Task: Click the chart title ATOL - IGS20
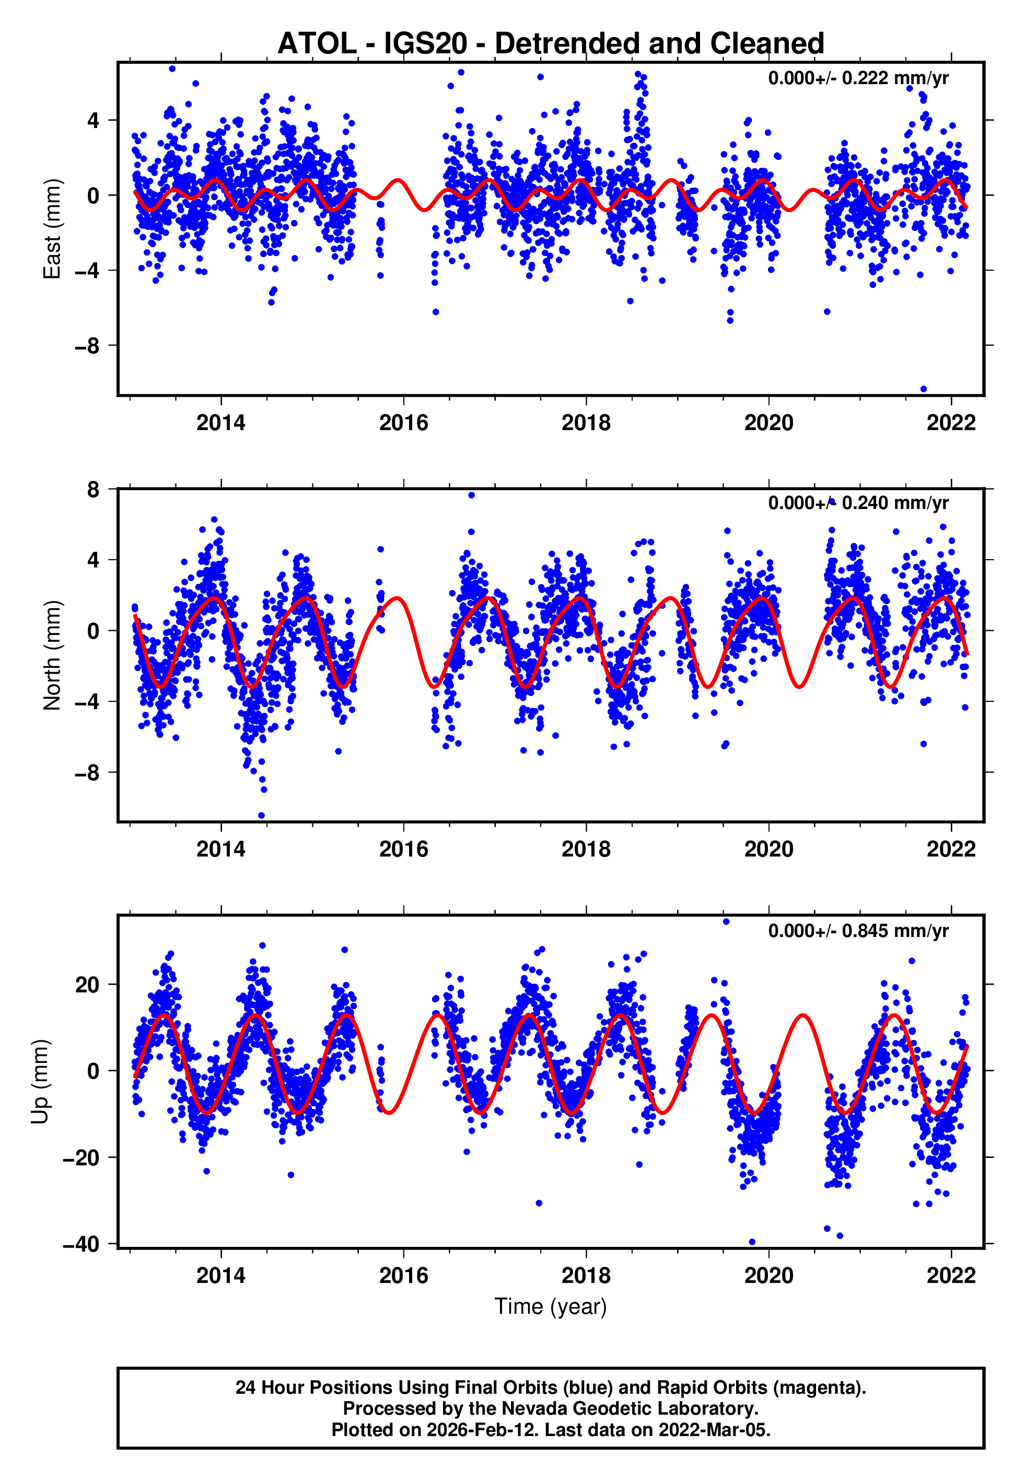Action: coord(551,44)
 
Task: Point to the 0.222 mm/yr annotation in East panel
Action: coord(858,78)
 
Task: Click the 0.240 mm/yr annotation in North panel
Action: coord(858,502)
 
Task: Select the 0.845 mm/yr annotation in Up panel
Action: coord(858,931)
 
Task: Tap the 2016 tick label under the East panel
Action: coord(403,423)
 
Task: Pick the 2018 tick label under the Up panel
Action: coord(586,1275)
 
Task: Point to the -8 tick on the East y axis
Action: coord(87,346)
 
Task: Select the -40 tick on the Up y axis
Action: coord(81,1244)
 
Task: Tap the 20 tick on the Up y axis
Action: coord(87,985)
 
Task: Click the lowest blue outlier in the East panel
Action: coord(924,389)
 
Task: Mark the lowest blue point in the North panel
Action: coord(261,816)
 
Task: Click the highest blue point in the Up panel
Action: coord(726,922)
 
